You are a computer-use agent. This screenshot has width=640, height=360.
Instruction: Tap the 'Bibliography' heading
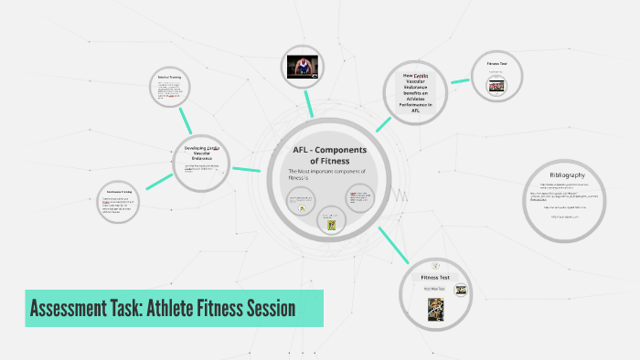click(567, 175)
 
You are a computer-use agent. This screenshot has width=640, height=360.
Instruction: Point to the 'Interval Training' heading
click(169, 78)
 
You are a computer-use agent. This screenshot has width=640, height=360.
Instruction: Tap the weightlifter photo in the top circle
click(304, 67)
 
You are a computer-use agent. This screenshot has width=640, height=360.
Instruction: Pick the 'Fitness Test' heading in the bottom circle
click(435, 276)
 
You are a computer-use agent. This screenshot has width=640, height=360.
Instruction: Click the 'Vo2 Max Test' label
click(435, 289)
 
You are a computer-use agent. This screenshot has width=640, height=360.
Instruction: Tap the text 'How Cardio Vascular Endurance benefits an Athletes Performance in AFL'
click(421, 91)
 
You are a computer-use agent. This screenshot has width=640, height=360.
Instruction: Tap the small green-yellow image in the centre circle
click(328, 222)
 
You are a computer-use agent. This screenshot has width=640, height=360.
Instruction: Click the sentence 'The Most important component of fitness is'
click(326, 175)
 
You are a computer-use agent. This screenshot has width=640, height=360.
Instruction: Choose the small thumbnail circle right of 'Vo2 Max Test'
click(461, 291)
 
